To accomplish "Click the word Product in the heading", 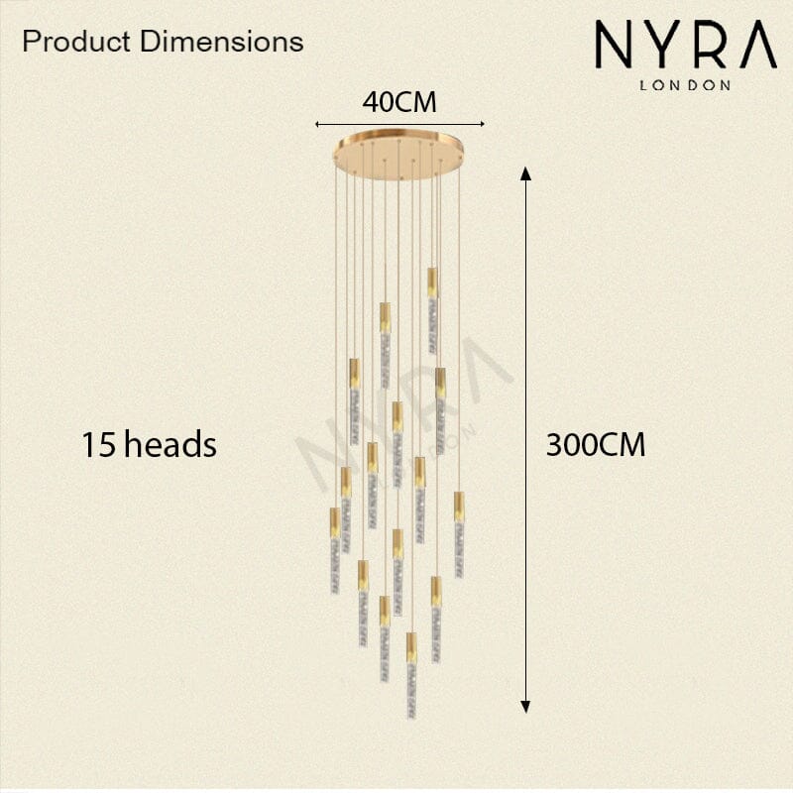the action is [x=76, y=41].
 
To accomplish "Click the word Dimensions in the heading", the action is [x=222, y=41].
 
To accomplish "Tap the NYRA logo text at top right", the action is [x=686, y=44].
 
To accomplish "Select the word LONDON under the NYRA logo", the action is [x=685, y=85].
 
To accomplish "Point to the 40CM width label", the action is [x=399, y=102].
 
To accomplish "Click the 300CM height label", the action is [x=596, y=445].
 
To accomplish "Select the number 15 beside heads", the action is [x=100, y=445].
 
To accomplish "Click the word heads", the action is [x=170, y=444].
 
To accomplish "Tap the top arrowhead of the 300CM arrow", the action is [x=526, y=173].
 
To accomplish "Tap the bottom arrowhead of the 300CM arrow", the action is [x=525, y=707].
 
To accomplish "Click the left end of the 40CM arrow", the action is [x=316, y=124].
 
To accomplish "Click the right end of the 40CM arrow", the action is [x=483, y=124].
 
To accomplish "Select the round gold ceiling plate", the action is [x=398, y=155].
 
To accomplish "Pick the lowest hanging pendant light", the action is [x=411, y=675].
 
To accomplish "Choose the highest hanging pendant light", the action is [x=432, y=310].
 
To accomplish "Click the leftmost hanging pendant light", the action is [x=335, y=550].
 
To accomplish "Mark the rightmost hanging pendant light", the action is [x=459, y=534].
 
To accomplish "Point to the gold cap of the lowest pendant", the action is [x=411, y=648].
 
